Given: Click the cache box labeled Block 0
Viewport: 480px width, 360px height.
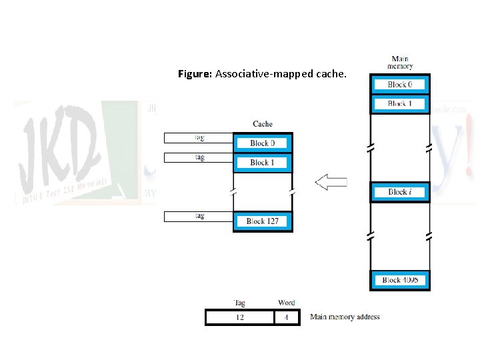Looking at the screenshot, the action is coord(263,143).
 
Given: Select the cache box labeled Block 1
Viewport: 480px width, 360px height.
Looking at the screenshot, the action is coord(263,163).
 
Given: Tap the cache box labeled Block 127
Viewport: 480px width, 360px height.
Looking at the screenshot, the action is coord(263,221).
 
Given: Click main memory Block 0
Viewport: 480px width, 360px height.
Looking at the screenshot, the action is coord(400,85).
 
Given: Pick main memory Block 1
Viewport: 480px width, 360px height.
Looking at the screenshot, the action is coord(400,104).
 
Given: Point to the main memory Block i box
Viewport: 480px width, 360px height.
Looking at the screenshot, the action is coord(400,192).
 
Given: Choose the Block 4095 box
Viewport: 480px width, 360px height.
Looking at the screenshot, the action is coord(400,280).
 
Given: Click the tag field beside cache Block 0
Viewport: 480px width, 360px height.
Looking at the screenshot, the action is coord(199,138).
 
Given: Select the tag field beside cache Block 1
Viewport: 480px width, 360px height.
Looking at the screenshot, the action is coord(199,158).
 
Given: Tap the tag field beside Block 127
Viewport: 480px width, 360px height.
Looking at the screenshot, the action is coord(199,216).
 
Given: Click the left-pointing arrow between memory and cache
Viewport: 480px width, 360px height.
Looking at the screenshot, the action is coord(331,183).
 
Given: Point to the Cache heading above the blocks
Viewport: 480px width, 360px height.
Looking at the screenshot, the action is coord(263,124).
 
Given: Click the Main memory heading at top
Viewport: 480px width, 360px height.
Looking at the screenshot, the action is coord(400,63).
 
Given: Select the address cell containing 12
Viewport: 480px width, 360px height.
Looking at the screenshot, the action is coord(240,317).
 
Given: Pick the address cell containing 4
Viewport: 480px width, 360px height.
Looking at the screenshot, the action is coord(286,317).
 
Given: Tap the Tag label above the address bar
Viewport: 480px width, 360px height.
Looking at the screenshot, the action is coord(239,303).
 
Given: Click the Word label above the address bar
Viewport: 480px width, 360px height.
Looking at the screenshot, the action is coord(286,303).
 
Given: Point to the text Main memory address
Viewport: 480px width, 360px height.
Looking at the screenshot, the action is coord(345,317).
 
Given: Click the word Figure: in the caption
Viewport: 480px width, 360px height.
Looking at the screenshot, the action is coord(195,73).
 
